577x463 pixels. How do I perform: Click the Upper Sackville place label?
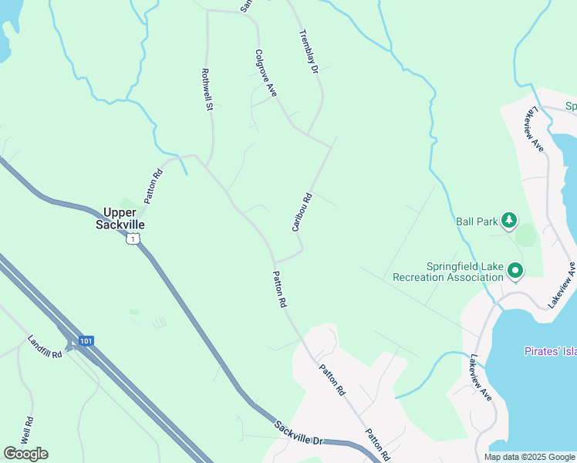[120, 218]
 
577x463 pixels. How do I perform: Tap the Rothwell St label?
[206, 90]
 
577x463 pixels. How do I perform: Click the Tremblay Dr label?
[309, 52]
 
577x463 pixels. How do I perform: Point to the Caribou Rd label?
[302, 211]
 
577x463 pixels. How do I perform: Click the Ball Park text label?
[476, 221]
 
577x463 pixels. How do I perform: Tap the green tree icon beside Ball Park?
[509, 221]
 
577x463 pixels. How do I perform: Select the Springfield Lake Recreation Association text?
[447, 272]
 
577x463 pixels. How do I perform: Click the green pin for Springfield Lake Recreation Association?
[515, 271]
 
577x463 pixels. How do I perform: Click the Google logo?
[25, 454]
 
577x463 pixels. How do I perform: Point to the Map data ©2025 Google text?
[528, 457]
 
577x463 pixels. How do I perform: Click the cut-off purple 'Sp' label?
[571, 106]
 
